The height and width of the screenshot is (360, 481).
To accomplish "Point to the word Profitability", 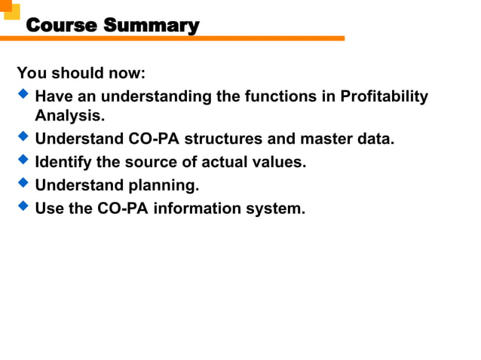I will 384,97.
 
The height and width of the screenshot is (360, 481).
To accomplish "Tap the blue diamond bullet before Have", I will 23,96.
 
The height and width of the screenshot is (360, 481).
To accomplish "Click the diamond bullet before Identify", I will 23,160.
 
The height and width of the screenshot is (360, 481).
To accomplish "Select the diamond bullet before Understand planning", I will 23,183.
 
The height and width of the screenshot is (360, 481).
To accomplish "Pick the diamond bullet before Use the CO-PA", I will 23,206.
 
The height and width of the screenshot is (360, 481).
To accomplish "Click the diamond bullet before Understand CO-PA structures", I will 23,138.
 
